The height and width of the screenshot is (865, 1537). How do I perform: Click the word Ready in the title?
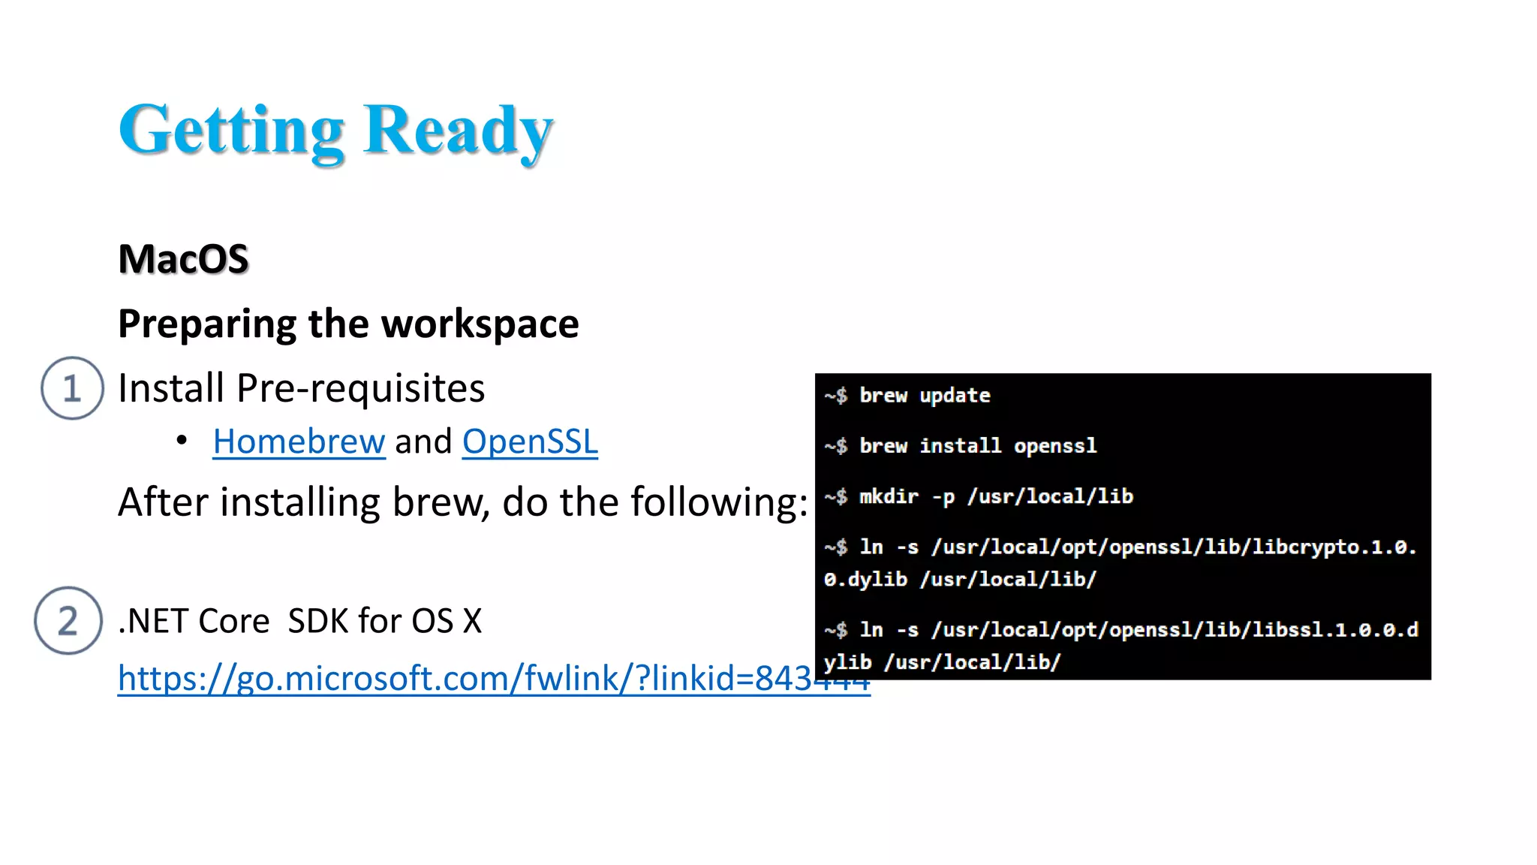pyautogui.click(x=458, y=131)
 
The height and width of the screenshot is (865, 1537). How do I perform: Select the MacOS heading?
pyautogui.click(x=183, y=259)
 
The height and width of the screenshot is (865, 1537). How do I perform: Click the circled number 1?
pyautogui.click(x=72, y=388)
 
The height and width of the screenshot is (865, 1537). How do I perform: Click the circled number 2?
pyautogui.click(x=68, y=621)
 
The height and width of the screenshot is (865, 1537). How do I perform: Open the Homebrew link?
pyautogui.click(x=299, y=442)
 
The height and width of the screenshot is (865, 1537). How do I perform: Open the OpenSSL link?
pyautogui.click(x=530, y=442)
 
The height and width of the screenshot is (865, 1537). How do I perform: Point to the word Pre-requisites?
pyautogui.click(x=360, y=389)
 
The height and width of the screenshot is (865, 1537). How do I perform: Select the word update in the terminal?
pyautogui.click(x=955, y=396)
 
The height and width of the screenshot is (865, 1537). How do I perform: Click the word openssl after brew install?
pyautogui.click(x=1055, y=446)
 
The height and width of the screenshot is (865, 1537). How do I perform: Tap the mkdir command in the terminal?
pyautogui.click(x=889, y=496)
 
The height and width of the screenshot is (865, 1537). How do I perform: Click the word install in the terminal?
pyautogui.click(x=961, y=446)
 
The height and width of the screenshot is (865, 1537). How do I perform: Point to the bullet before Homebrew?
pyautogui.click(x=182, y=441)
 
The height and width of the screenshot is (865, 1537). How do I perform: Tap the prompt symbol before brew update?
pyautogui.click(x=835, y=396)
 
